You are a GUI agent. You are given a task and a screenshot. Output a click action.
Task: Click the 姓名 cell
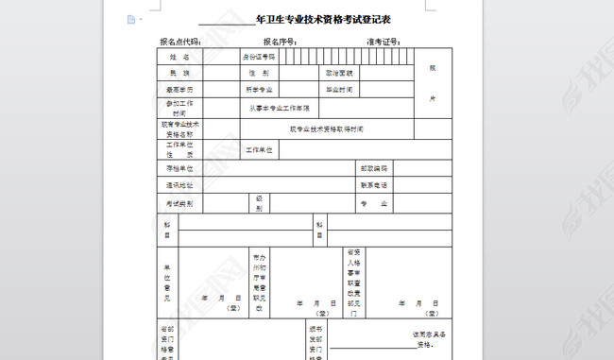coord(179,57)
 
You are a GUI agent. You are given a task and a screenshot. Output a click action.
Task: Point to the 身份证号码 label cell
coord(259,57)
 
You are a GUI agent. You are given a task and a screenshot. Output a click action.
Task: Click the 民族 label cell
coord(179,73)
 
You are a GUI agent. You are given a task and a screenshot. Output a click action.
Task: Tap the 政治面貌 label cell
coord(339,73)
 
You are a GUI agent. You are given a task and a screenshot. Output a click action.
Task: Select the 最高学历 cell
coord(179,90)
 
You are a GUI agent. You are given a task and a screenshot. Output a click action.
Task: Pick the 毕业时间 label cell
coord(339,90)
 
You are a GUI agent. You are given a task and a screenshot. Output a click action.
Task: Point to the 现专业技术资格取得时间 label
coord(326,129)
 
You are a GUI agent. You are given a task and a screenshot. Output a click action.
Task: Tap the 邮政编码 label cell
coord(373,167)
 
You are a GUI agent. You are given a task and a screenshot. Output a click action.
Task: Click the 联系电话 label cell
coord(373,185)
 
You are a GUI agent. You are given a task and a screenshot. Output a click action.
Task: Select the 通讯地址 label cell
coord(179,185)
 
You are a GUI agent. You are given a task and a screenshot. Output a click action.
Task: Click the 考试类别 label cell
coord(179,203)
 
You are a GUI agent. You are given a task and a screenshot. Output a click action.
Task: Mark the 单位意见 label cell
coord(167,283)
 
